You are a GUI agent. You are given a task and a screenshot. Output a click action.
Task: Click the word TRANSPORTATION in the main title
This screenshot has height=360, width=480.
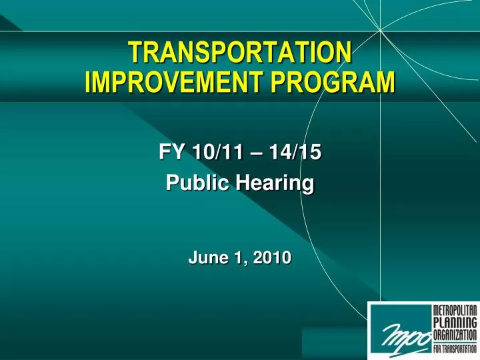click(x=239, y=51)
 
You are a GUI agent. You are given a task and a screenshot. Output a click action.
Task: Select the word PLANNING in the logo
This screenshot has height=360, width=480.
click(x=455, y=323)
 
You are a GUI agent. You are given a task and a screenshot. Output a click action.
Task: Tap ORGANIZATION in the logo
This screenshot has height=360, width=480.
click(x=455, y=335)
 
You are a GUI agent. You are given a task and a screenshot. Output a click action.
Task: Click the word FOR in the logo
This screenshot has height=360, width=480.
click(x=439, y=349)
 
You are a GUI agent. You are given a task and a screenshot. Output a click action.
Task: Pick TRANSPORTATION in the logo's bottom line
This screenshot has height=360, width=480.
click(x=462, y=349)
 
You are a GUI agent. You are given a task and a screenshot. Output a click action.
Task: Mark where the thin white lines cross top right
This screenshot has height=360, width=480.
click(x=380, y=30)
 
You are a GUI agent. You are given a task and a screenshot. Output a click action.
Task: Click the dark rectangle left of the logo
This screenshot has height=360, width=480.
click(x=333, y=342)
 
